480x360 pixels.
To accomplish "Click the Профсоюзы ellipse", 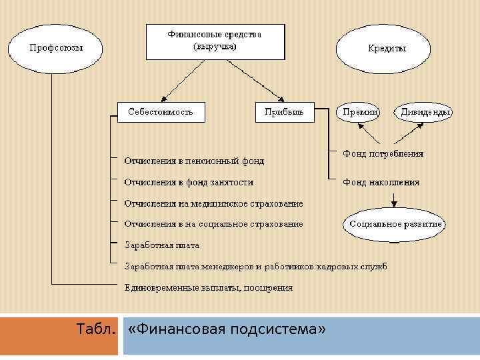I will click(x=55, y=48).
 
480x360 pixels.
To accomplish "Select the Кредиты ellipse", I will click(x=387, y=48).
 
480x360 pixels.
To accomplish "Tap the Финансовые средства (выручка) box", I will click(x=215, y=41).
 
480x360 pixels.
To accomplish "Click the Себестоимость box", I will click(x=161, y=112).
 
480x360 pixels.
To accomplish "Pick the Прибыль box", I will click(x=284, y=112).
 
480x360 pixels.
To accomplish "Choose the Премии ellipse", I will click(x=360, y=113).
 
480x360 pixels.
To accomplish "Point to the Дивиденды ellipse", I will click(x=425, y=113).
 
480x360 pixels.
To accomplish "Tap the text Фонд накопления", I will click(x=381, y=181).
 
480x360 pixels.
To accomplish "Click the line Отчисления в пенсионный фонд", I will click(x=195, y=161).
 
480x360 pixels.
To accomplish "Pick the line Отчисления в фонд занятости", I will click(x=189, y=181).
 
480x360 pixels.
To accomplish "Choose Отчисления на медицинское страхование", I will click(x=214, y=203).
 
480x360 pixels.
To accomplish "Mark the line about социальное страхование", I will click(x=214, y=224).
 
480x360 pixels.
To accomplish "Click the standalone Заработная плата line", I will click(x=162, y=245).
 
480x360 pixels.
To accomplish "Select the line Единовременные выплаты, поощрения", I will click(x=209, y=288).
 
